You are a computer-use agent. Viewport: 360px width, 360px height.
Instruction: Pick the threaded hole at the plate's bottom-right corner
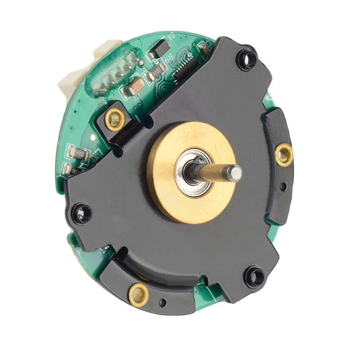click(255, 274)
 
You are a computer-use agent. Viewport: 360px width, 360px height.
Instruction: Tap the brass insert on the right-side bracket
click(284, 155)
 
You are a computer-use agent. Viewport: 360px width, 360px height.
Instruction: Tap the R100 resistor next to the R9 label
click(156, 72)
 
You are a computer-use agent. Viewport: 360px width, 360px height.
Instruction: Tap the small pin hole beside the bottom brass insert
click(162, 302)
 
